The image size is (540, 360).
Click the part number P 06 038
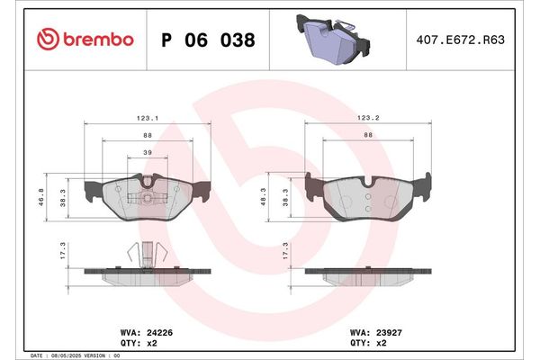coord(207,40)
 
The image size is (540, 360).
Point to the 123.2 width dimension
coord(369,117)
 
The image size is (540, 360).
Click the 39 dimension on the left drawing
coord(148,154)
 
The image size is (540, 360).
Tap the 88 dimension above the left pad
coord(148,136)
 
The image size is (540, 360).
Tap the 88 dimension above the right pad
coord(368,136)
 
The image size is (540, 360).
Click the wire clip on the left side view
coord(144,254)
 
